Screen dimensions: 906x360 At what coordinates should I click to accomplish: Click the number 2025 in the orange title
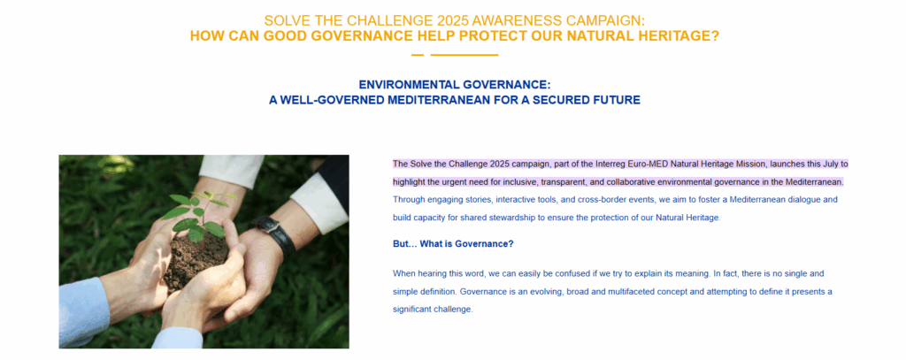[452, 20]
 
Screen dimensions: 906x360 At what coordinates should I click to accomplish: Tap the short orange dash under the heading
[418, 56]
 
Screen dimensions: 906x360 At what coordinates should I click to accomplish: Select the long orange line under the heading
[465, 56]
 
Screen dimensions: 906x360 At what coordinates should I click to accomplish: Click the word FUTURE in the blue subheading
[617, 100]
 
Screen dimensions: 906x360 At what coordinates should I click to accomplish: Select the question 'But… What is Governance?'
[453, 244]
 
